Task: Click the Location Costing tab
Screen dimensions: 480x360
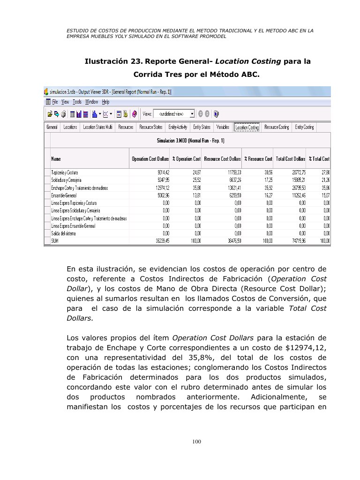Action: [x=247, y=127]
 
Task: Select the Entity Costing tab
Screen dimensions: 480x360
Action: [x=304, y=127]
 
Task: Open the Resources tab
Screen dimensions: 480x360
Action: [x=126, y=127]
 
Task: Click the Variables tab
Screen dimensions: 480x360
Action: [x=223, y=127]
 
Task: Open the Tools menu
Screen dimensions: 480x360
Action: [x=77, y=102]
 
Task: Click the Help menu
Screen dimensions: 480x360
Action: [x=105, y=102]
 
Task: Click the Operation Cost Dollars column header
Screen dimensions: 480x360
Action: [x=149, y=159]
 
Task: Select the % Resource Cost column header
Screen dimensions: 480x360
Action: [x=258, y=159]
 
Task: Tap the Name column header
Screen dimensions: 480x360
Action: [x=56, y=159]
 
